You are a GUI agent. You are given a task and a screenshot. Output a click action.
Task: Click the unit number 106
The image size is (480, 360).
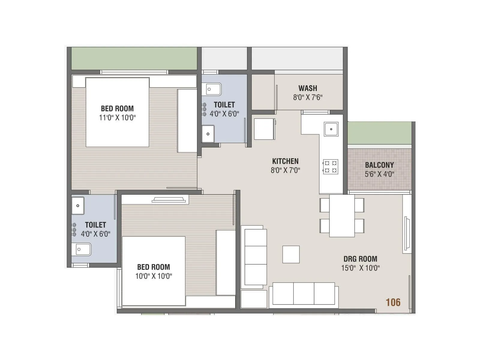click(393, 302)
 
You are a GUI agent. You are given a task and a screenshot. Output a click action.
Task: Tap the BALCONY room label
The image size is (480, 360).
click(379, 165)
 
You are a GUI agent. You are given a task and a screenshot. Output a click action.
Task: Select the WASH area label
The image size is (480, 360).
click(307, 88)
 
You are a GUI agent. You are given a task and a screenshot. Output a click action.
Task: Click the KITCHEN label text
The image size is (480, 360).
click(285, 161)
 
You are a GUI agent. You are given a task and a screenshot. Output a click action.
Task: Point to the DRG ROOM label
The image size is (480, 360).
click(360, 259)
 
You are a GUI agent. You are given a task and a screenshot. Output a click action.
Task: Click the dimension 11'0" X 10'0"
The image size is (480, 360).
click(117, 118)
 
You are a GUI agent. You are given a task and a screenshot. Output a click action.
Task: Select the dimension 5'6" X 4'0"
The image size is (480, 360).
click(379, 174)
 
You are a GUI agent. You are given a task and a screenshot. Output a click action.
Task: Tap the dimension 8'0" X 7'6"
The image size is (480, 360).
click(307, 97)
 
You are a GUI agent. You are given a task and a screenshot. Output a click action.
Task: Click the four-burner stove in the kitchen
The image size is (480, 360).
click(330, 167)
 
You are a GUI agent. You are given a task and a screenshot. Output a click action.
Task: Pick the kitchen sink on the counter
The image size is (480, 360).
click(331, 129)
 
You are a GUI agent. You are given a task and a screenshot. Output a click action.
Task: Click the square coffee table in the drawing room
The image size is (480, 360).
click(291, 254)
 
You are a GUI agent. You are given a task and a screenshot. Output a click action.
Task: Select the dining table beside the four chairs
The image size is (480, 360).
click(342, 215)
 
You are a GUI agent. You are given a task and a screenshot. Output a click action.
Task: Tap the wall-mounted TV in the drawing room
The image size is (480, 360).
click(407, 233)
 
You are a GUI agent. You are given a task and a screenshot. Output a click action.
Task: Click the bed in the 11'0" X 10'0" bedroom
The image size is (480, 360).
click(117, 112)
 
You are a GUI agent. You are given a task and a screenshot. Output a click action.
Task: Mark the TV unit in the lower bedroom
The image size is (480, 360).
click(169, 200)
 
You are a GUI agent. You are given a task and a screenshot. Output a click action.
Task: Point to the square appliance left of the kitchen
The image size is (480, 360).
click(264, 129)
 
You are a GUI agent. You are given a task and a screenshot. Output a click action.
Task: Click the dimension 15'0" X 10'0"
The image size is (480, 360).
click(360, 268)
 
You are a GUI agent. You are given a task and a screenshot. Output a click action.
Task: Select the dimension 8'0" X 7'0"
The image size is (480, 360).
click(285, 170)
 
